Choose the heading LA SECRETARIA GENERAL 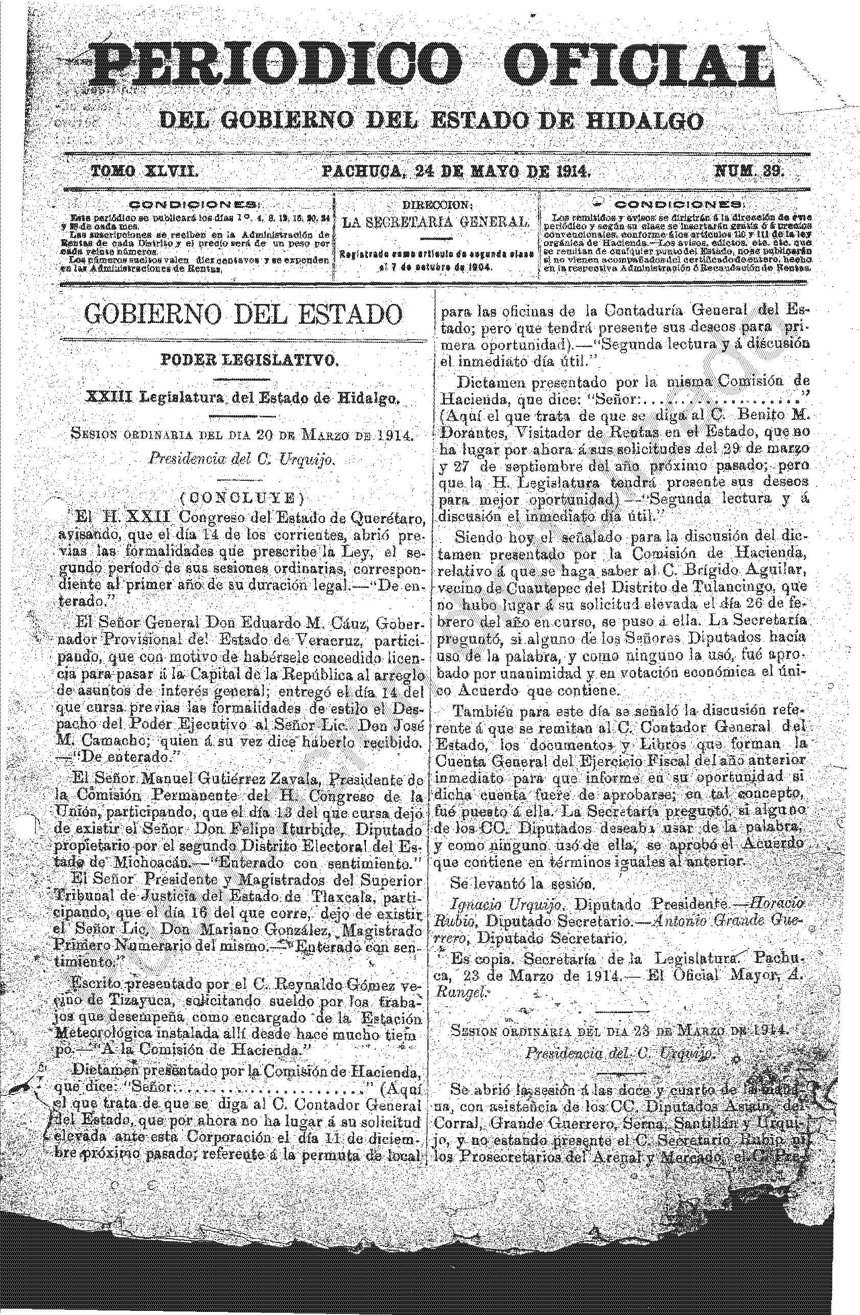click(x=435, y=223)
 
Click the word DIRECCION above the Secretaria click(x=436, y=204)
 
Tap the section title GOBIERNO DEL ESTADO click(x=243, y=314)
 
